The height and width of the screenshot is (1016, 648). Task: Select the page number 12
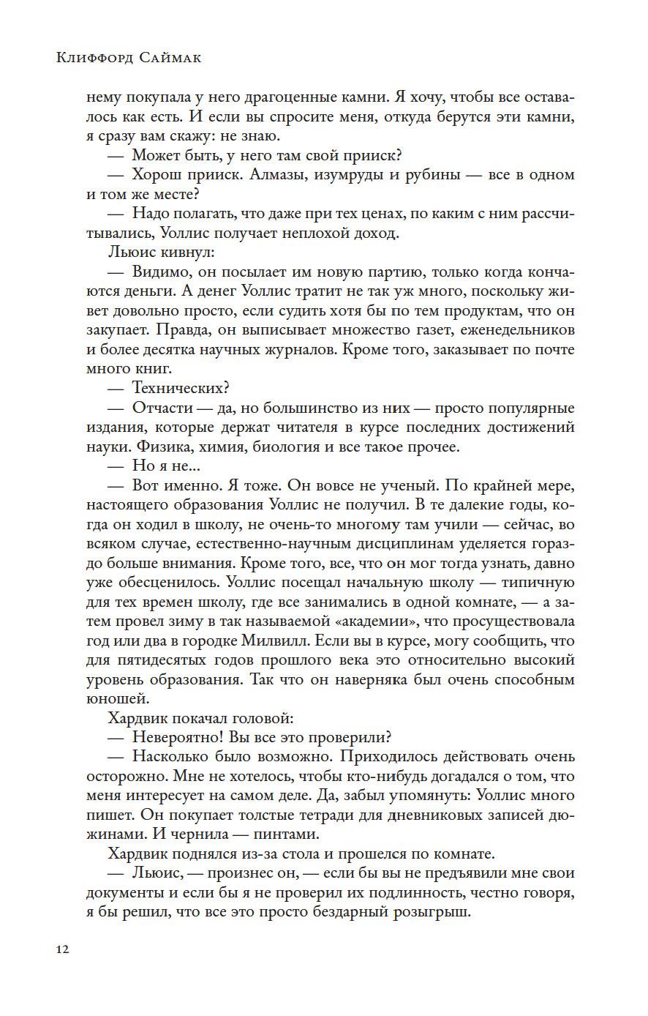(x=62, y=949)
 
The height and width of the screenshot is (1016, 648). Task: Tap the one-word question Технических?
(x=179, y=388)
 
